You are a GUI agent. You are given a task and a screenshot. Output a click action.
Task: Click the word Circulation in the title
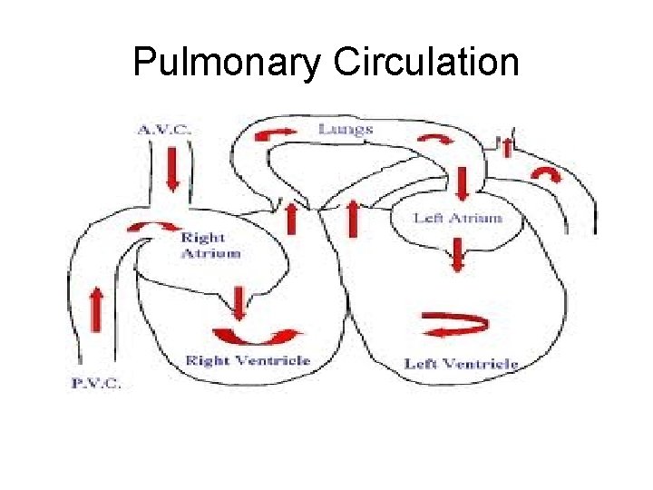(x=426, y=64)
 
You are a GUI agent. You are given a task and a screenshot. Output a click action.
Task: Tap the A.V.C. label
(x=165, y=130)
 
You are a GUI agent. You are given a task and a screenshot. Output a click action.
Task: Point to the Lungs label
(x=346, y=130)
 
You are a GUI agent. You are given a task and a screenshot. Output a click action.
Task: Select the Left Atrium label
(x=456, y=218)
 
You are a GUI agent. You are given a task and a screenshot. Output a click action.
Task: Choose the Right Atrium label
(x=210, y=246)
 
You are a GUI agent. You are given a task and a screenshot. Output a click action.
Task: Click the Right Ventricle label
(x=248, y=361)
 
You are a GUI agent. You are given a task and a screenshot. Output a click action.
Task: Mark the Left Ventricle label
(x=461, y=364)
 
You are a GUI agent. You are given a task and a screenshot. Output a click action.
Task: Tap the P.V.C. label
(x=96, y=383)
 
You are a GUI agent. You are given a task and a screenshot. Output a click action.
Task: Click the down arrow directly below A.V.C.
(x=172, y=168)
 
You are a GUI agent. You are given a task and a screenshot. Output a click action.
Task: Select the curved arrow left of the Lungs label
(x=277, y=134)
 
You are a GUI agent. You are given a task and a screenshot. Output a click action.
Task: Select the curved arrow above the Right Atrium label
(x=148, y=225)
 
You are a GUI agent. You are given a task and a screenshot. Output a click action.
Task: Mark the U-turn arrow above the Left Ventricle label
(x=456, y=324)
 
